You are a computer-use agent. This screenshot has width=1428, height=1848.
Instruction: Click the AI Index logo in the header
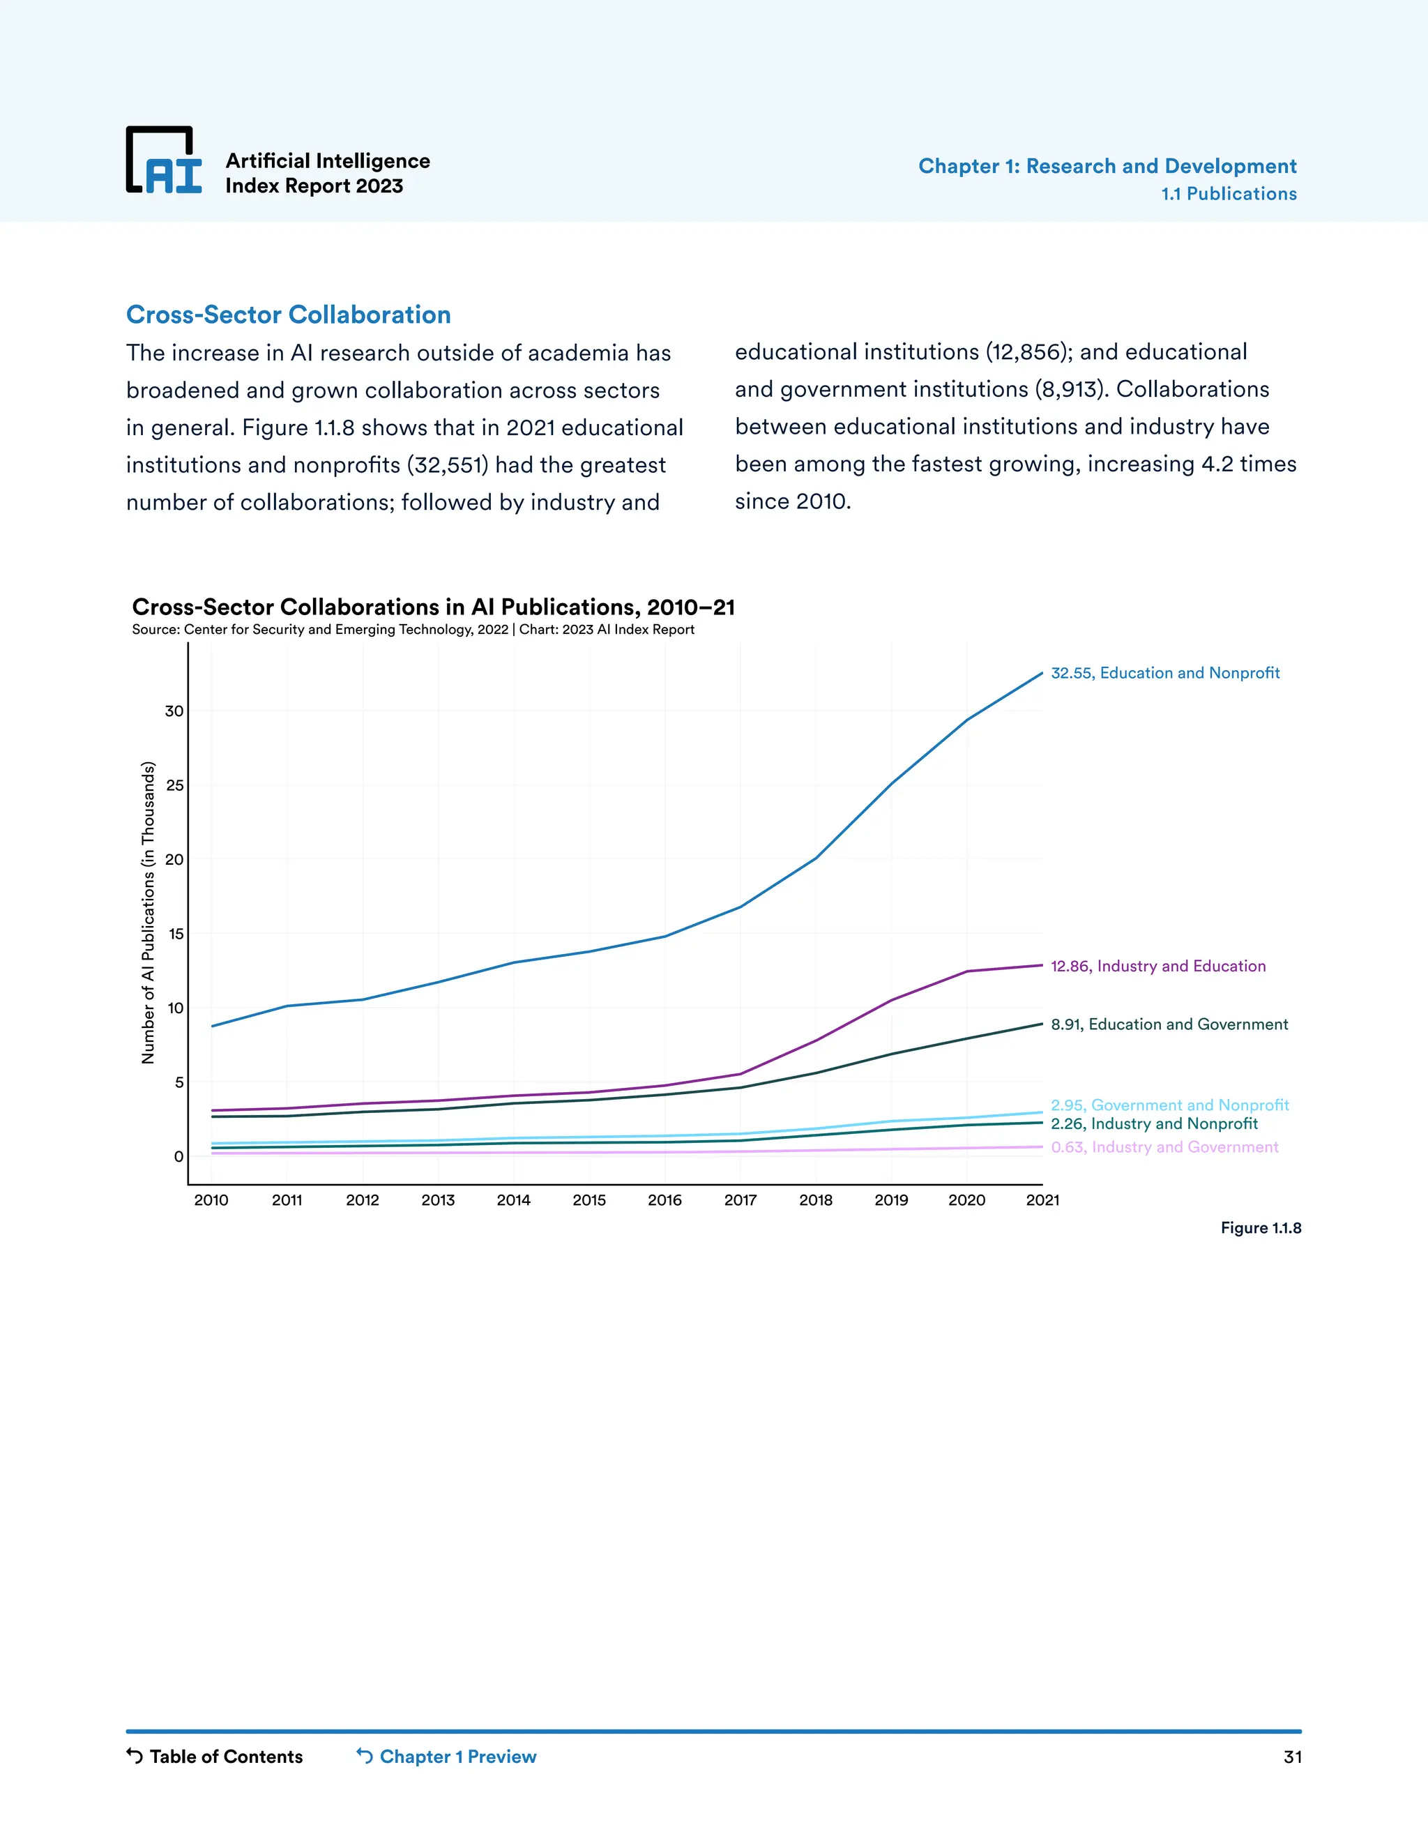pos(164,161)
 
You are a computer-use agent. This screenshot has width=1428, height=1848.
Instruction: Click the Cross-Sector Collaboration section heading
pos(288,315)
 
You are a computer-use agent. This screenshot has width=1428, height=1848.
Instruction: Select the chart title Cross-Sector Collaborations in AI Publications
pos(433,607)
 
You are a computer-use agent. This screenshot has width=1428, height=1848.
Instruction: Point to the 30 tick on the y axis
pos(174,711)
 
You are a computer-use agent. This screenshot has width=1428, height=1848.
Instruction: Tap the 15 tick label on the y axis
pos(175,934)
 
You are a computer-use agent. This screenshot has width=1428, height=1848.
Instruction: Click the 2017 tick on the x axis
pos(740,1200)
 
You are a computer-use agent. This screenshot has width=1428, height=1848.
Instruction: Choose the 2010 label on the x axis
pos(211,1200)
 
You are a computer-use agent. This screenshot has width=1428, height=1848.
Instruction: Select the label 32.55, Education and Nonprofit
pos(1165,673)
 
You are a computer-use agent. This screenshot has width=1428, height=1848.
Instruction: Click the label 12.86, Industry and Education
pos(1157,967)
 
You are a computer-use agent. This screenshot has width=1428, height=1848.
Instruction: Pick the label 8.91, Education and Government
pos(1169,1024)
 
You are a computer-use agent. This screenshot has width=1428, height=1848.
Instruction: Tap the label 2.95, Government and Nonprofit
pos(1169,1105)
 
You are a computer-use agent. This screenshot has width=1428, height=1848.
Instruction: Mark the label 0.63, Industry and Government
pos(1164,1147)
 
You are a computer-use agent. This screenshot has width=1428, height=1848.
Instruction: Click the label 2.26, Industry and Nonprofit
pos(1154,1123)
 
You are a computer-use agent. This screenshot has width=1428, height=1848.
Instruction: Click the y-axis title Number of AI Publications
pos(149,912)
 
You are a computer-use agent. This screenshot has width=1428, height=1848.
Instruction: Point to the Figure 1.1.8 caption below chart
pos(1260,1228)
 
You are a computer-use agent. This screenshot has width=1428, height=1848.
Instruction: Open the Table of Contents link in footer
pos(215,1757)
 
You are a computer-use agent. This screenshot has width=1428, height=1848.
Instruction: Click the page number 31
pos(1292,1757)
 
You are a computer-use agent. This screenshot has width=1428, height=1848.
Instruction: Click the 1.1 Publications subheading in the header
pos(1229,194)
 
